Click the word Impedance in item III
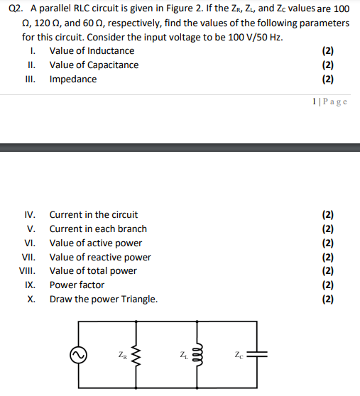(x=72, y=79)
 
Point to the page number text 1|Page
(x=330, y=101)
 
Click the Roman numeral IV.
(x=30, y=214)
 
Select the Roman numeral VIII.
(x=27, y=270)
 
